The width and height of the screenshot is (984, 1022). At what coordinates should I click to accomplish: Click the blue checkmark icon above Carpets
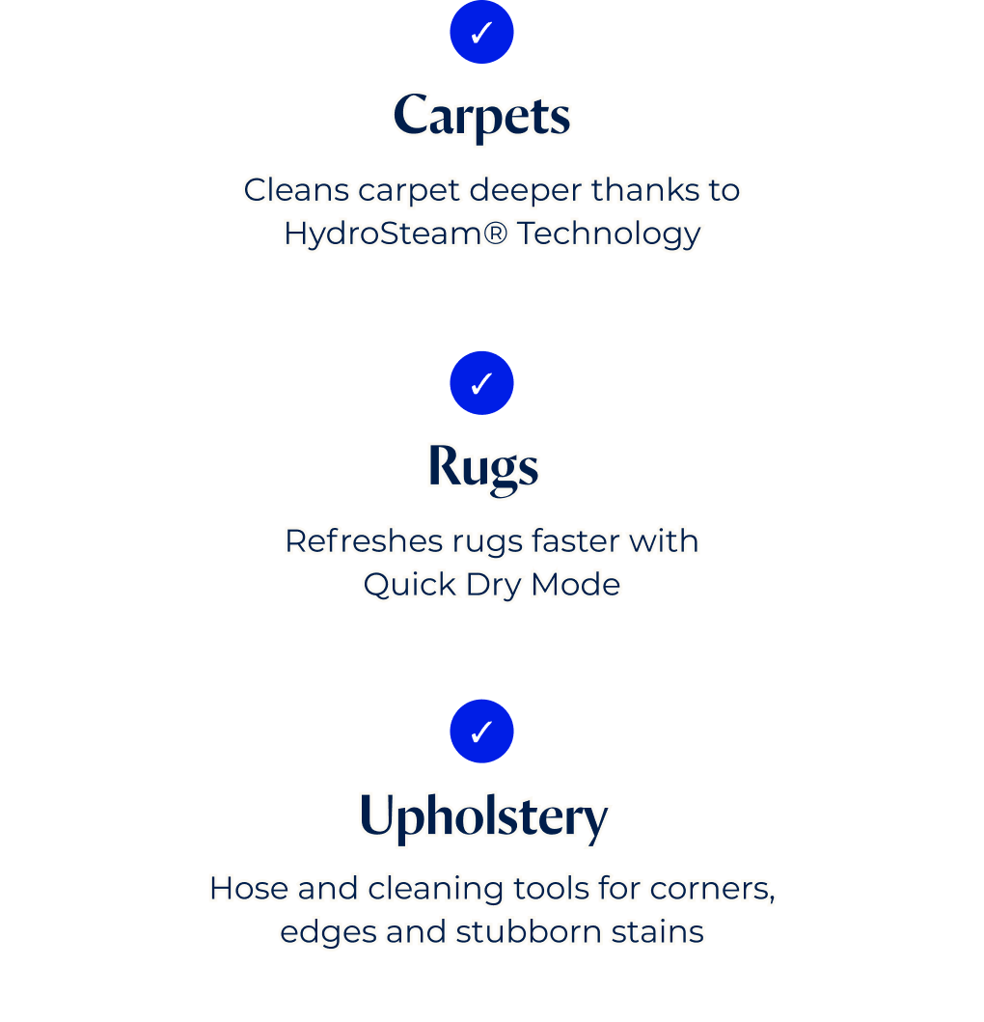click(x=481, y=32)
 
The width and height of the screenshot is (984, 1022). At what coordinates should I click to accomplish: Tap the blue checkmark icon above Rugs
click(x=481, y=382)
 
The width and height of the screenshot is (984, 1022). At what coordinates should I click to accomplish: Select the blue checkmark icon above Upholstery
click(x=481, y=732)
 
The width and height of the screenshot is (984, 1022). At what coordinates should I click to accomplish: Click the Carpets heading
click(x=481, y=116)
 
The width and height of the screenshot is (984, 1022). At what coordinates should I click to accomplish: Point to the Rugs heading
click(x=483, y=468)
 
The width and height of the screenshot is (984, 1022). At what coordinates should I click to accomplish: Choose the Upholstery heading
click(x=483, y=817)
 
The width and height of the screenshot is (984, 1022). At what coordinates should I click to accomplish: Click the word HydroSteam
click(x=383, y=234)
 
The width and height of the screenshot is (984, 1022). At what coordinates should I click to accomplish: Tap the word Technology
click(x=609, y=234)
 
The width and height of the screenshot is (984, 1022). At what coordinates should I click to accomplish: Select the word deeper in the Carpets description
click(x=525, y=191)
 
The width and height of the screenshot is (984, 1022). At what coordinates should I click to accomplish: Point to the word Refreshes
click(x=364, y=541)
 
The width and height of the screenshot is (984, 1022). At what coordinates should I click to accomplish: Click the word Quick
click(x=409, y=584)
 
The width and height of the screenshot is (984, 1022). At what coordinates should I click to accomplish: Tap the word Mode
click(x=575, y=584)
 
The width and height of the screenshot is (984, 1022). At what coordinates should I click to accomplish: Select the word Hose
click(x=250, y=889)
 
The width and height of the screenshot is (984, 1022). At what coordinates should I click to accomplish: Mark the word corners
click(x=712, y=890)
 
